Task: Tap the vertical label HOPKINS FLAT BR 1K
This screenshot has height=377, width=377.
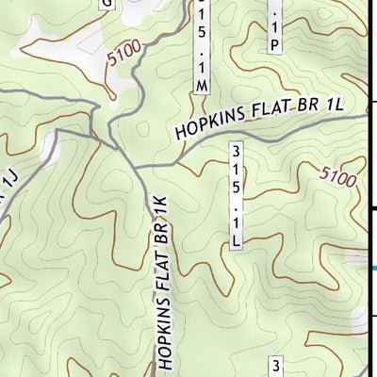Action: pos(162,281)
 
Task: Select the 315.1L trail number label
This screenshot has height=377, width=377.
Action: pos(237,196)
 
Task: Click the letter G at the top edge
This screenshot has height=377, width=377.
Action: pos(106,3)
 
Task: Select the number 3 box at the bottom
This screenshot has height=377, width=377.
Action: pos(277,366)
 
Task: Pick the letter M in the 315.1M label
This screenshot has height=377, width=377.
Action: pos(202,85)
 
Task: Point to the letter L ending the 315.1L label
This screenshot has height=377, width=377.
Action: pos(237,241)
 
